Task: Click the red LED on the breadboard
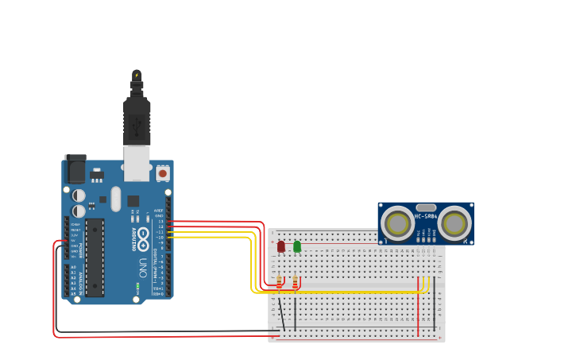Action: [x=280, y=246]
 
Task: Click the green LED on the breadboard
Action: [x=297, y=246]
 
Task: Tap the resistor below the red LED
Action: [x=280, y=282]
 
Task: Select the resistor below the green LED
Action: [x=296, y=282]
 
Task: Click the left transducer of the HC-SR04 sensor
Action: [x=396, y=223]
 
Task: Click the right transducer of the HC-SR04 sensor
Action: [x=455, y=223]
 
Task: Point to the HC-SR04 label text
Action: [x=426, y=216]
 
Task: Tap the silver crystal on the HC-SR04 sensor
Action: [x=426, y=207]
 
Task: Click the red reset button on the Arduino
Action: [x=163, y=172]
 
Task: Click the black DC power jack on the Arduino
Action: [x=75, y=168]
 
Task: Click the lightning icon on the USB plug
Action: [x=137, y=75]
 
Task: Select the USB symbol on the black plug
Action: [x=137, y=125]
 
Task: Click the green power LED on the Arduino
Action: [x=137, y=285]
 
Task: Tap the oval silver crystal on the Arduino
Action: [x=116, y=199]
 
